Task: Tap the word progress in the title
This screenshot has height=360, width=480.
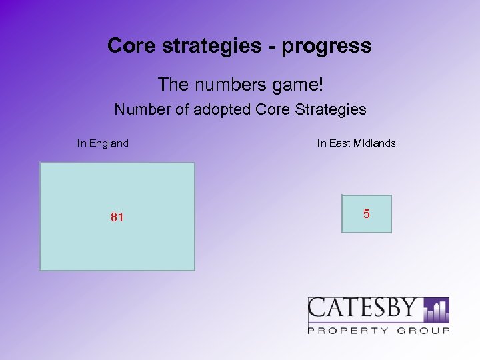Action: coord(327,47)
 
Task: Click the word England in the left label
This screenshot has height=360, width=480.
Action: coord(109,143)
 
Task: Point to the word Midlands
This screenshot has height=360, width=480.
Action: coord(375,143)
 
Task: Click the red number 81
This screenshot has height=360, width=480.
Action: coord(117,217)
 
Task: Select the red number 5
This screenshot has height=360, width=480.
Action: coord(367,214)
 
